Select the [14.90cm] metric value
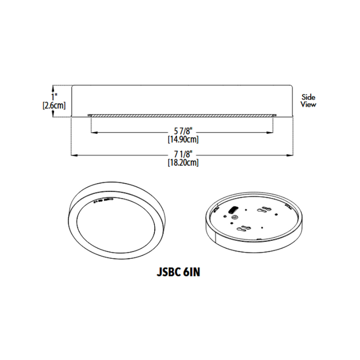pos(183,139)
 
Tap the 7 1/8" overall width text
pos(183,154)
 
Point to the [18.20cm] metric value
pos(183,163)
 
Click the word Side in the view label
pos(309,97)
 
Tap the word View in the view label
pos(309,104)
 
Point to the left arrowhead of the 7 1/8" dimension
pos(73,154)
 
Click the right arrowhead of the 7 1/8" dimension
pos(291,154)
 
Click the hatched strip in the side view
pos(183,114)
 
